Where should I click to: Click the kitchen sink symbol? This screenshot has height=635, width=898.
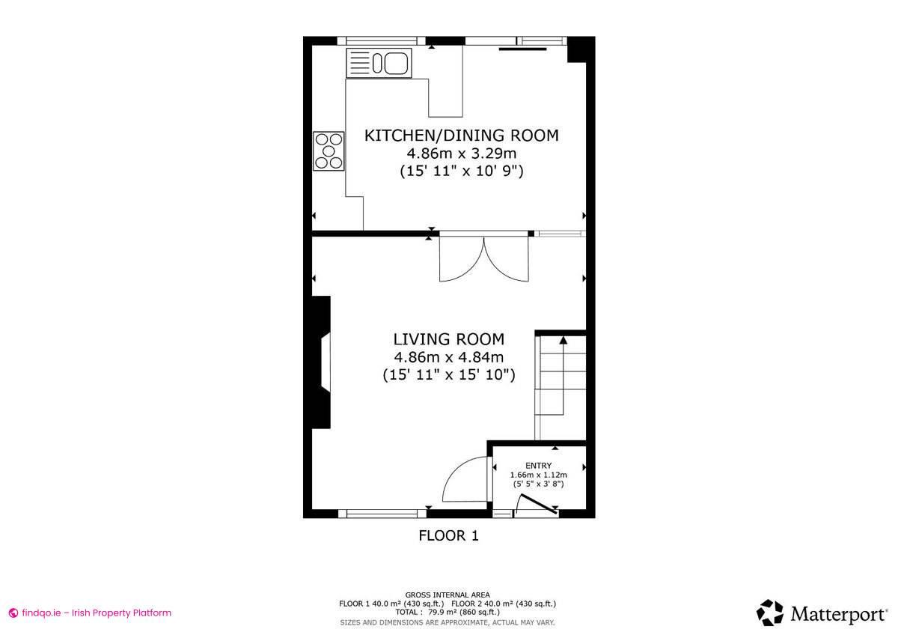[379, 63]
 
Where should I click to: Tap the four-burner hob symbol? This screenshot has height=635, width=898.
[329, 151]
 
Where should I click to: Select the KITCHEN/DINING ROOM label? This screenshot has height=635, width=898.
[461, 136]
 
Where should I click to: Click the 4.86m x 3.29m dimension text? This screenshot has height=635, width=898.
[461, 154]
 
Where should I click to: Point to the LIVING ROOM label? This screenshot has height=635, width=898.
[449, 339]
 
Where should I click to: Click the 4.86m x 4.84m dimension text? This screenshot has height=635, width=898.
[449, 357]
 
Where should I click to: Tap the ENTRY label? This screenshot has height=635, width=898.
[538, 466]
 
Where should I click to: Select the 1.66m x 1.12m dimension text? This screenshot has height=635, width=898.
[538, 475]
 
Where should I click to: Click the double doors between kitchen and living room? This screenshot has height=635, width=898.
[484, 259]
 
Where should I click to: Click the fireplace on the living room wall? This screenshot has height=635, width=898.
[322, 362]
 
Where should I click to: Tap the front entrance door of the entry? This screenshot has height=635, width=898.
[539, 505]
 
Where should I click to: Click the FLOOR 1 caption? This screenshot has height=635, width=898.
[448, 535]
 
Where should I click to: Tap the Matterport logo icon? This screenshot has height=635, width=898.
[769, 613]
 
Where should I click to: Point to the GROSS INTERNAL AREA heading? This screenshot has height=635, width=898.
[448, 595]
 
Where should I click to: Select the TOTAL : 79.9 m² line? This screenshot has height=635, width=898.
[448, 612]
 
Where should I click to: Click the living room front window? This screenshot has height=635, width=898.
[382, 514]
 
